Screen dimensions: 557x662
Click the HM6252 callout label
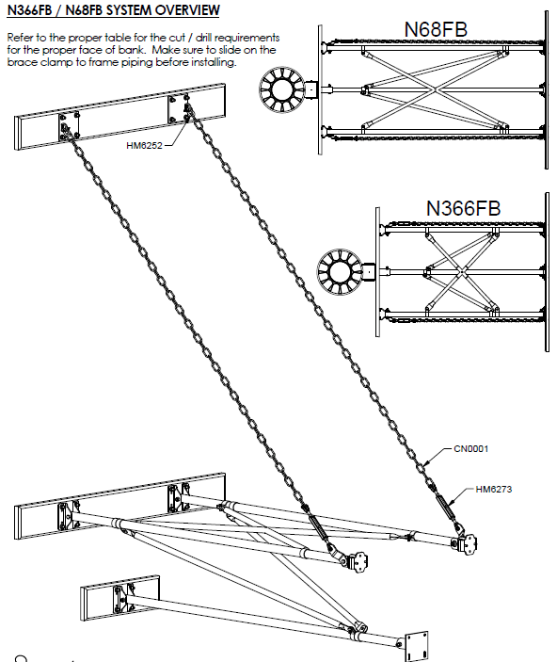[x=144, y=146]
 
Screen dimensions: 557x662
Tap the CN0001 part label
[x=471, y=449]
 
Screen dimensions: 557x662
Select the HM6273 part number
[x=494, y=490]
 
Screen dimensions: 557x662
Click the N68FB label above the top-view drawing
[x=436, y=29]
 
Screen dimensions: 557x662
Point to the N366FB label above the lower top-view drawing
[x=463, y=208]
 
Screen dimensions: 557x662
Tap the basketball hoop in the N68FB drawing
[x=282, y=89]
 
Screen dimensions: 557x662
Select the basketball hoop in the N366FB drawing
[x=340, y=271]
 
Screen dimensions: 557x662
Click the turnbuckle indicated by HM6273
[x=445, y=507]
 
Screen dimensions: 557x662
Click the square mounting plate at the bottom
[x=417, y=646]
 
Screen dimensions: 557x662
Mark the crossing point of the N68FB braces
[x=435, y=89]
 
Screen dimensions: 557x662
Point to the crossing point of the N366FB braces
[x=462, y=272]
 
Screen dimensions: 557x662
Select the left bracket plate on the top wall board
[x=69, y=126]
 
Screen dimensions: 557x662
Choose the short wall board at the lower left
[x=119, y=598]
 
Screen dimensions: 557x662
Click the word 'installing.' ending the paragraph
[x=214, y=62]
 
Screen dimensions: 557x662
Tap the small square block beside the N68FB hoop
[x=311, y=89]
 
